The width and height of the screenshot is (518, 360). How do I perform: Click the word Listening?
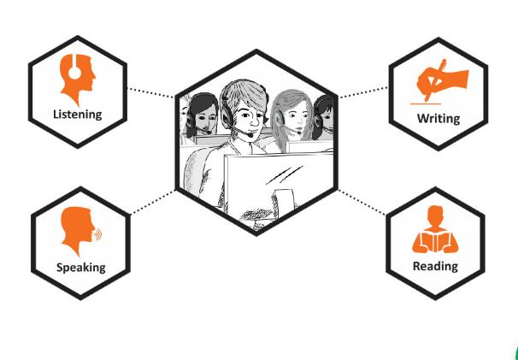point(78,115)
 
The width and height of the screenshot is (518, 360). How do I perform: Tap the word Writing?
point(439,118)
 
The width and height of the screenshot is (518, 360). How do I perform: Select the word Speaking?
point(81,268)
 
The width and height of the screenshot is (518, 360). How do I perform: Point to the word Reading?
point(435,266)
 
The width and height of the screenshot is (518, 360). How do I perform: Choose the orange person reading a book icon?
point(435,229)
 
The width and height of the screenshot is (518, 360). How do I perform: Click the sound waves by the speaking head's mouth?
point(98,234)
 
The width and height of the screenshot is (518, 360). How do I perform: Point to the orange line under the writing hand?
point(426,103)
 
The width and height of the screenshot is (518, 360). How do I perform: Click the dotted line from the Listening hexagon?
point(150,92)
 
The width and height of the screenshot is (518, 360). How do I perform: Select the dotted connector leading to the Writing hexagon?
point(363,92)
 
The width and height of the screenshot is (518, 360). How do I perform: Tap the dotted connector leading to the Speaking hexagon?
point(153,203)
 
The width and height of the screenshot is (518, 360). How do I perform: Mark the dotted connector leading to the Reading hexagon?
point(362,203)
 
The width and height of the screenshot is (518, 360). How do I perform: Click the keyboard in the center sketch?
point(257,215)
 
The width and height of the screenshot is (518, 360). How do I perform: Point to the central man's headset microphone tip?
point(250,135)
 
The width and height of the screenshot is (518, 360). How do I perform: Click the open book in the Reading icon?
point(435,241)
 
